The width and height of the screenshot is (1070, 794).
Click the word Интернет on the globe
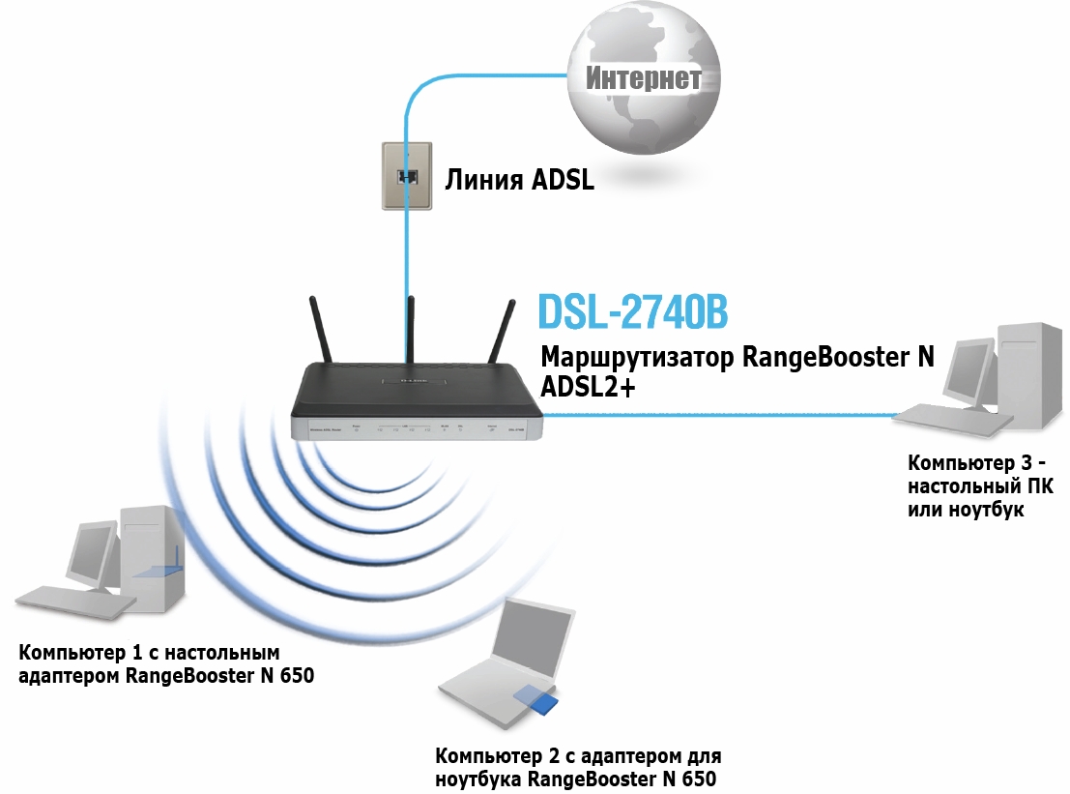pos(644,78)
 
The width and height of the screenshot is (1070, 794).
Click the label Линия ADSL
pos(519,179)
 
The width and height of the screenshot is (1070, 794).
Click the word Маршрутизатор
pos(638,357)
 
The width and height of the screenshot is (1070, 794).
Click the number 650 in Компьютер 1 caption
pos(298,675)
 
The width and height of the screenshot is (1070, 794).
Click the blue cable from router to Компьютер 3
pos(715,415)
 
